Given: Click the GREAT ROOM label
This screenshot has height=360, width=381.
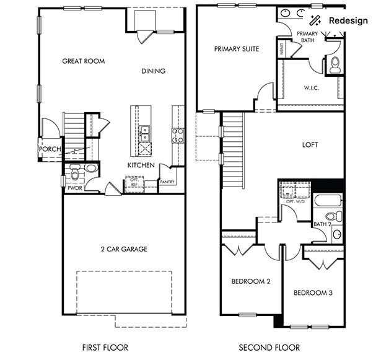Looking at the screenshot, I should [x=83, y=61].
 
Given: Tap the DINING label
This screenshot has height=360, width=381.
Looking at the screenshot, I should [x=153, y=71].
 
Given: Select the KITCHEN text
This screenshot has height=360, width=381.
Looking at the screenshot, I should [x=141, y=165].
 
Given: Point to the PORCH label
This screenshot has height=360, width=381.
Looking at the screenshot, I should [x=49, y=149].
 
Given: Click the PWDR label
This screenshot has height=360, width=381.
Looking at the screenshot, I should [x=75, y=188].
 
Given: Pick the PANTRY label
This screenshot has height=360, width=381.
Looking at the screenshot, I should [x=167, y=182].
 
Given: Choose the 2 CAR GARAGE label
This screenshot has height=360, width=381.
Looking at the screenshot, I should [x=123, y=250].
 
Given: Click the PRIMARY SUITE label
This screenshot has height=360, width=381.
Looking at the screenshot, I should [x=237, y=48].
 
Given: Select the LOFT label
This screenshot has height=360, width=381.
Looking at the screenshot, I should [x=310, y=145].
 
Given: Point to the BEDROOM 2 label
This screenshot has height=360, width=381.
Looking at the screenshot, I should [x=251, y=281].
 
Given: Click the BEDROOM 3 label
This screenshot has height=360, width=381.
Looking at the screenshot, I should [x=313, y=292].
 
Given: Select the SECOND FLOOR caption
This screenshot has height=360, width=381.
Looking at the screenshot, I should [x=269, y=348].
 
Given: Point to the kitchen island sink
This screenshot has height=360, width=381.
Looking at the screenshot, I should [x=144, y=131].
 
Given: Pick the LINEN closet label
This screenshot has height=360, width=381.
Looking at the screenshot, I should [x=282, y=49].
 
